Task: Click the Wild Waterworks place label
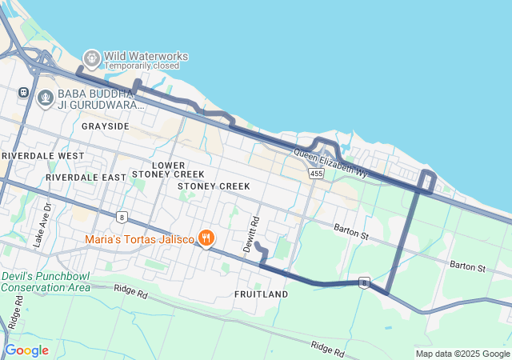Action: (146, 56)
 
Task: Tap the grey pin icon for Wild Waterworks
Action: (92, 58)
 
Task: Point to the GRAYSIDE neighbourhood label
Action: (105, 126)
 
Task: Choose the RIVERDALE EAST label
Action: (86, 177)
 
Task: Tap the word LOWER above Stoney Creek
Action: (169, 165)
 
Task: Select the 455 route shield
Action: (317, 173)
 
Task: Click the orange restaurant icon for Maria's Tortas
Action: (206, 238)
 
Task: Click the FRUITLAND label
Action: (261, 294)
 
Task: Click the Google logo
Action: (27, 350)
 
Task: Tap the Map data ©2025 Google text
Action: (462, 354)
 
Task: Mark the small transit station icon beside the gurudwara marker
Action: (23, 93)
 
